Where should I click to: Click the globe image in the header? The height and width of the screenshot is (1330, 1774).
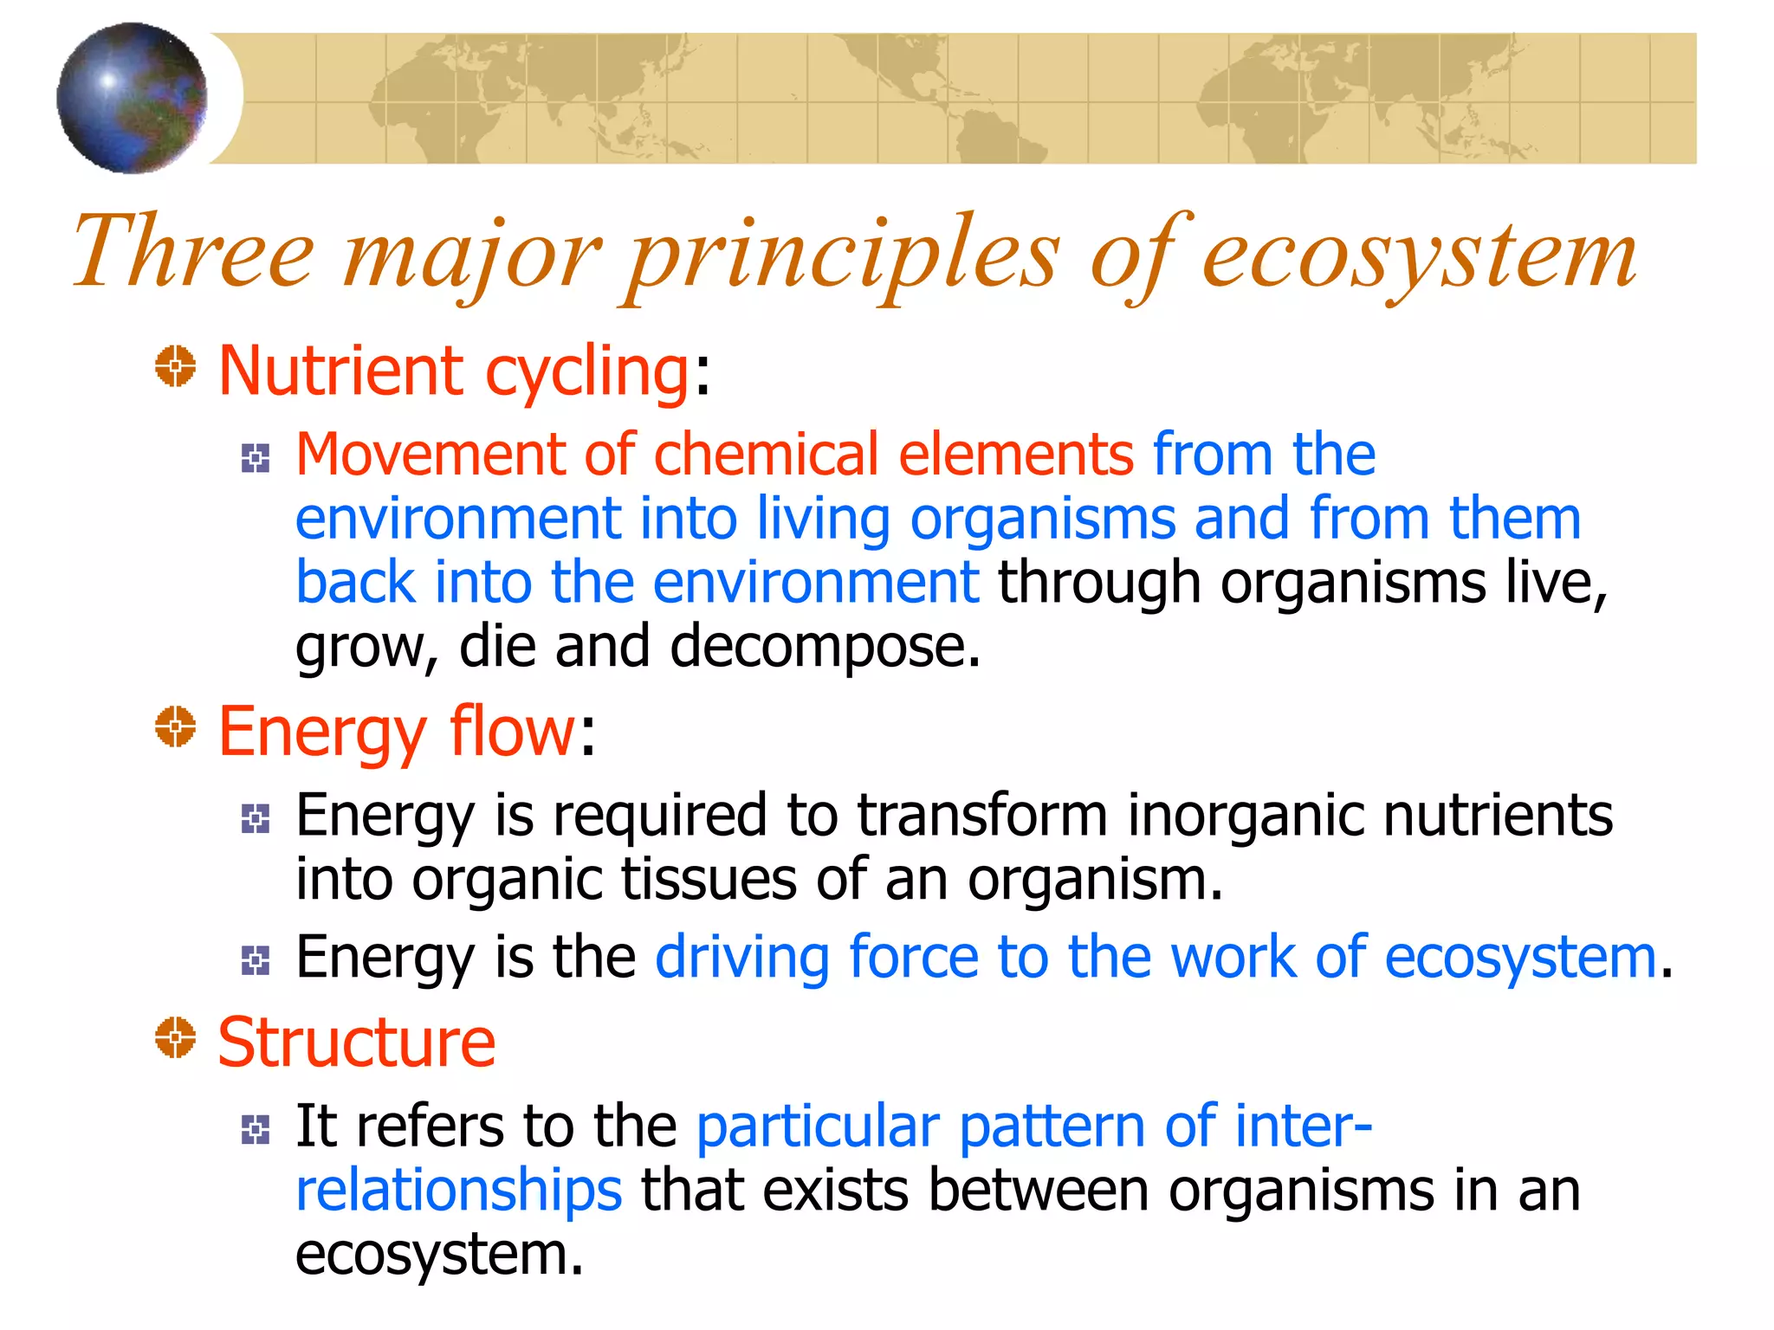tap(132, 98)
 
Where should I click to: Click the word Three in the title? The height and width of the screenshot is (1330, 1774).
tap(192, 253)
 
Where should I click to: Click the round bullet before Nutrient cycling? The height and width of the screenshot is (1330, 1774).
tap(175, 366)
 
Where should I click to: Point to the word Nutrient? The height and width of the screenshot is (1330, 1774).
tap(340, 371)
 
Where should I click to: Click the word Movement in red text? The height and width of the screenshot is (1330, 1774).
tap(430, 455)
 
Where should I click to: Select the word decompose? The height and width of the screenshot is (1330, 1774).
tap(825, 647)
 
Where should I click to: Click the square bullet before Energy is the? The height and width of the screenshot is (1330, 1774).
tap(256, 959)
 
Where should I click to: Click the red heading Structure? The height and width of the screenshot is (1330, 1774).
tap(356, 1043)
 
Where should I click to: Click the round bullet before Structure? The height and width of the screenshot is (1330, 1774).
tap(175, 1037)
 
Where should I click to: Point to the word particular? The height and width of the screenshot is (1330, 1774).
tap(818, 1127)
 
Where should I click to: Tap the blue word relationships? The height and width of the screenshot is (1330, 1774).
tap(458, 1191)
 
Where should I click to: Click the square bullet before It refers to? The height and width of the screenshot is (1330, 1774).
tap(256, 1129)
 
